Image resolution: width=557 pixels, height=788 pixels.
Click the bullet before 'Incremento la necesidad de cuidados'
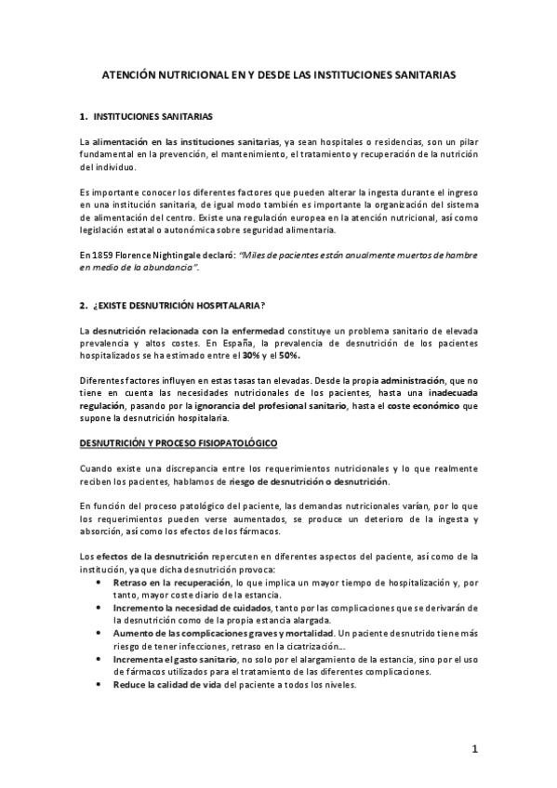tap(100, 606)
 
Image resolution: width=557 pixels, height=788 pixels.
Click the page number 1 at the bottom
tap(473, 748)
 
